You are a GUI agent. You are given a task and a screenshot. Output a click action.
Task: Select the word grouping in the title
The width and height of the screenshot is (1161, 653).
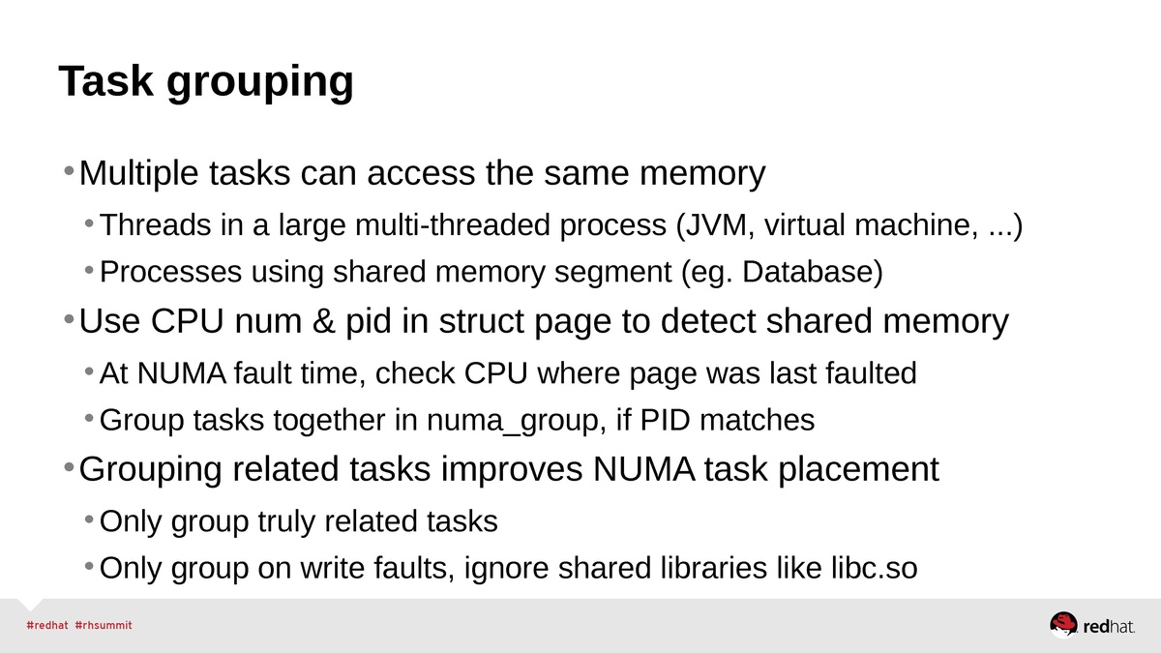pyautogui.click(x=260, y=84)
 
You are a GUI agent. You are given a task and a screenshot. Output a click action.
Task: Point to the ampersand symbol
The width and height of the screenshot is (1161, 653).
pyautogui.click(x=321, y=321)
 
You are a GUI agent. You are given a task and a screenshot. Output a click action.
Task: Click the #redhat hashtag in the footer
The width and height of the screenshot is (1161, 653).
pyautogui.click(x=45, y=625)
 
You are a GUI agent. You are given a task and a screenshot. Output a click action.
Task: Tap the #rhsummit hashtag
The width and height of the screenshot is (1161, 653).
pyautogui.click(x=104, y=625)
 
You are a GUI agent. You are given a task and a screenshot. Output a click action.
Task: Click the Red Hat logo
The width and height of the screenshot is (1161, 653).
pyautogui.click(x=1092, y=625)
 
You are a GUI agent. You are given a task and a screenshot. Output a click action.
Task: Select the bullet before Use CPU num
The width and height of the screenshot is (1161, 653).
pyautogui.click(x=68, y=319)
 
